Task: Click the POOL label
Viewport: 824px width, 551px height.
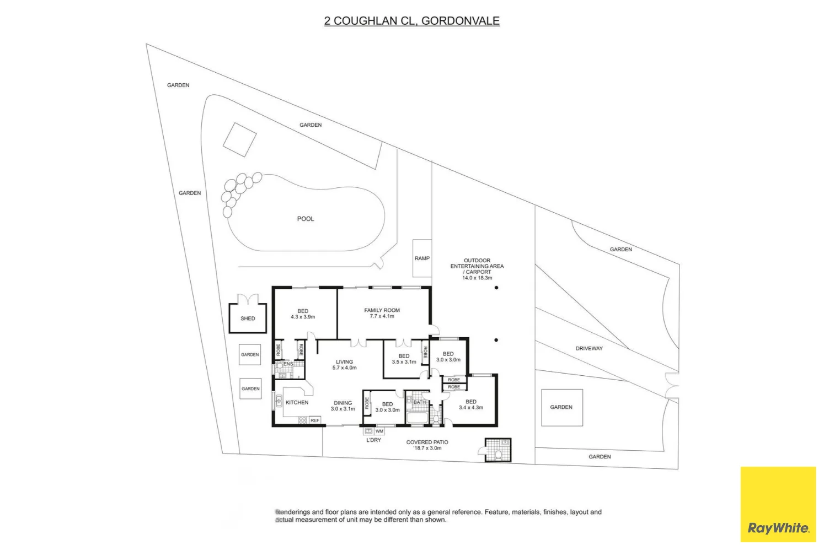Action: coord(305,219)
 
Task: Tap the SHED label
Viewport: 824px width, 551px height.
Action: coord(248,318)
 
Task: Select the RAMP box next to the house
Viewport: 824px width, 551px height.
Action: coord(422,258)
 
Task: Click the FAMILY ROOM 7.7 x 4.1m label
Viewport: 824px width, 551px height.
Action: coord(382,313)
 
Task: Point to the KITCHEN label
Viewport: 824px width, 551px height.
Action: coord(297,403)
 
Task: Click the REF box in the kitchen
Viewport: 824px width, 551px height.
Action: coord(314,420)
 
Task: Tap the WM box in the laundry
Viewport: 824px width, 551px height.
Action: coord(379,431)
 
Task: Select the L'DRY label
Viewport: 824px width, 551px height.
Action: coord(373,440)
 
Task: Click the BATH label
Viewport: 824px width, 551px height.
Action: coord(420,402)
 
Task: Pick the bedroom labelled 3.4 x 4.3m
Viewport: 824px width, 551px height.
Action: coord(470,404)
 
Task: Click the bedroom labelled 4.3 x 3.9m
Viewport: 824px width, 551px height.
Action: coord(303,314)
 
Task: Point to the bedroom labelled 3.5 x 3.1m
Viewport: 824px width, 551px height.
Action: coord(404,359)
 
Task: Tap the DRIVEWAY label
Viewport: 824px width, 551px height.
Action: coord(589,348)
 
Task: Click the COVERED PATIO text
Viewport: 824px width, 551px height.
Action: coord(427,442)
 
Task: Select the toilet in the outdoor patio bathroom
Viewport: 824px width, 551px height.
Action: coord(498,455)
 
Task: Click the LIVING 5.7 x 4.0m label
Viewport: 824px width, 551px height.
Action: coord(344,365)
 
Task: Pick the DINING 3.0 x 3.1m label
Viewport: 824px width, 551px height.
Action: coord(343,406)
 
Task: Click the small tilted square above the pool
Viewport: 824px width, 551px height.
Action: coord(239,139)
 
